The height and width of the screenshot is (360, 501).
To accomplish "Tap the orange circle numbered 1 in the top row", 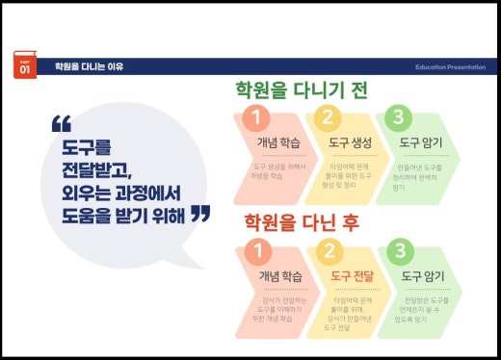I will pyautogui.click(x=255, y=118).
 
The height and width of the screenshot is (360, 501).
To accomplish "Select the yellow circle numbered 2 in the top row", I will pyautogui.click(x=328, y=118).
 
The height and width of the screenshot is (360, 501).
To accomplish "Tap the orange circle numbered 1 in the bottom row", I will pyautogui.click(x=255, y=252).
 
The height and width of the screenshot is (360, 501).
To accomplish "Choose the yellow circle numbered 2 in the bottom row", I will pyautogui.click(x=328, y=252).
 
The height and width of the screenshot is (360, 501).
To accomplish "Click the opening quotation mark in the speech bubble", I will pyautogui.click(x=62, y=125).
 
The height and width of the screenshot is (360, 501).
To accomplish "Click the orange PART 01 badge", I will pyautogui.click(x=25, y=64).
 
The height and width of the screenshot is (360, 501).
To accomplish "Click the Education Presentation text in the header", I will pyautogui.click(x=456, y=67).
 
